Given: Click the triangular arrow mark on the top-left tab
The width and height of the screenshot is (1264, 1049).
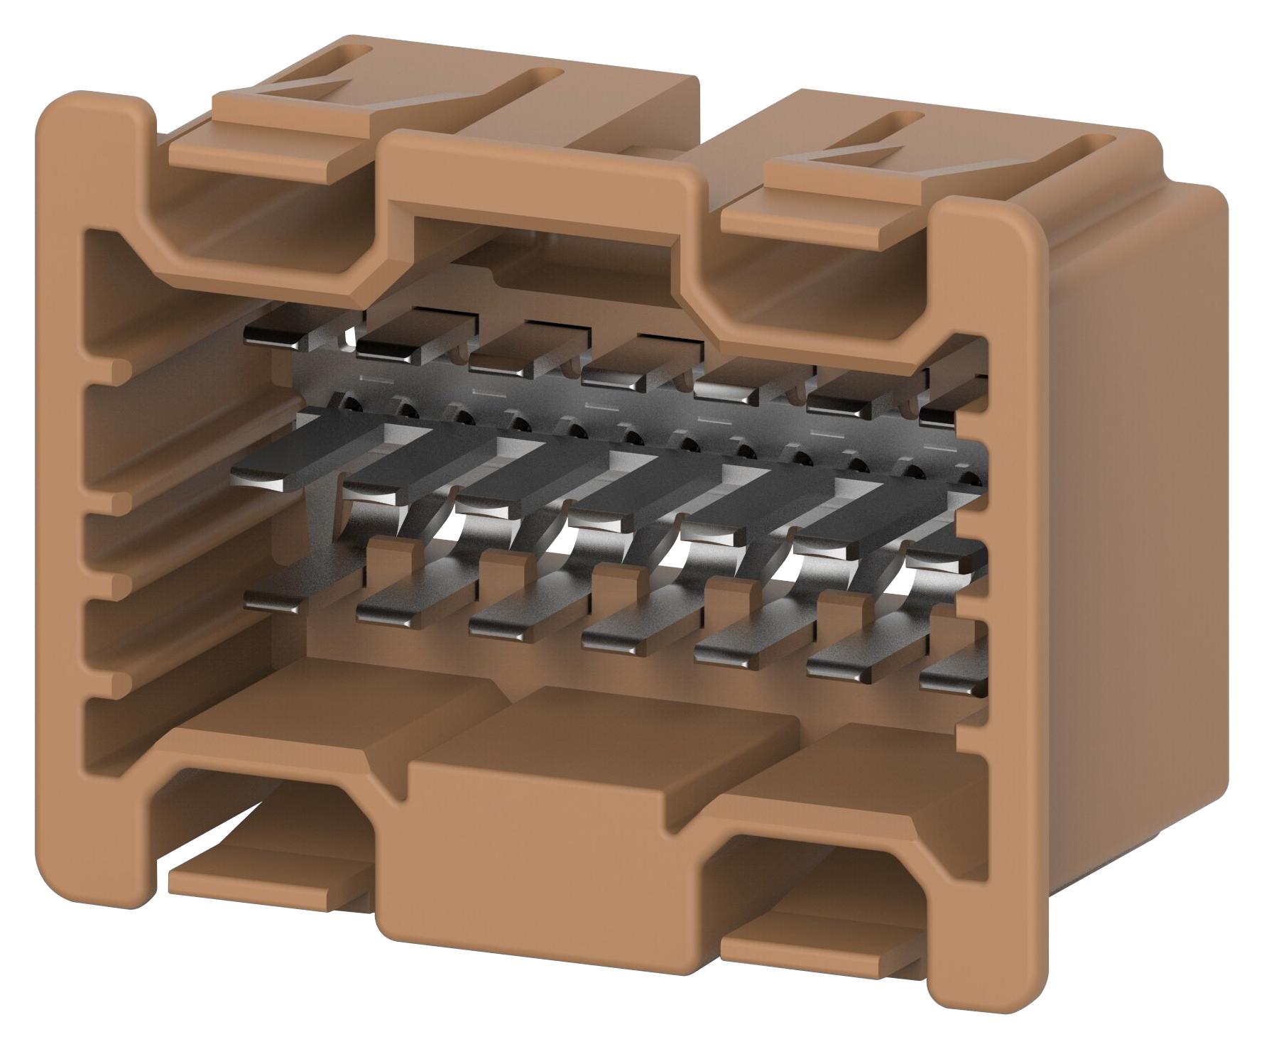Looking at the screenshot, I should [x=312, y=78].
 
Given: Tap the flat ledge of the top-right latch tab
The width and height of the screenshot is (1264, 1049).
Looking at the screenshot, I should [x=824, y=220].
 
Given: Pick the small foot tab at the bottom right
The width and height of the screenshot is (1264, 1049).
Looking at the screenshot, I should [x=817, y=952].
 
